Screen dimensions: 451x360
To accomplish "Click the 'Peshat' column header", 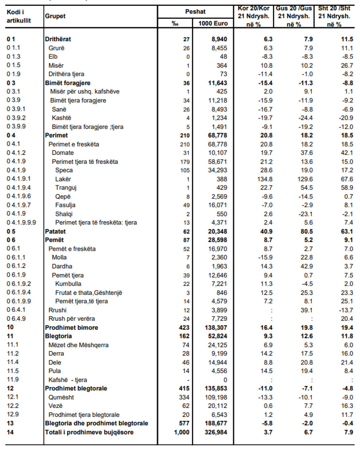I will [195, 12].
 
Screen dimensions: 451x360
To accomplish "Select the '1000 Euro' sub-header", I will [213, 24].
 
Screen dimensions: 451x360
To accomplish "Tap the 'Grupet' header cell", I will [55, 16].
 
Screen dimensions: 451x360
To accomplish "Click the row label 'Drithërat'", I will [58, 39].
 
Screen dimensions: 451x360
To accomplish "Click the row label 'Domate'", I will [63, 153].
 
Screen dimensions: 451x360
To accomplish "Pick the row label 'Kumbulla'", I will [68, 284].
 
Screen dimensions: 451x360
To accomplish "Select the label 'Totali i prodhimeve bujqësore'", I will [89, 432].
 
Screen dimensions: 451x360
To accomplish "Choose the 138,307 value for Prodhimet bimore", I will [215, 327].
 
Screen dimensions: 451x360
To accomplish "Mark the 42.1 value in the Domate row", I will [346, 153].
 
